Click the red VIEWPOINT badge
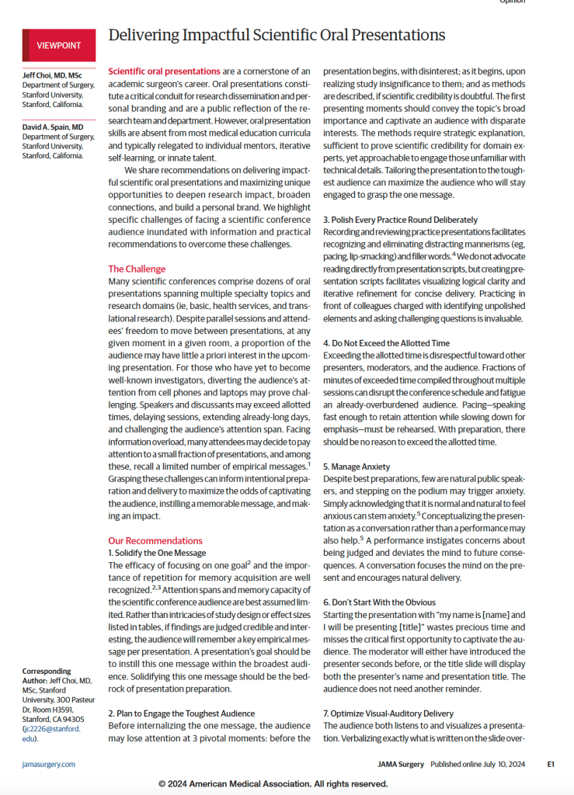pyautogui.click(x=58, y=45)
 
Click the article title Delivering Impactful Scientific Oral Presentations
pyautogui.click(x=277, y=35)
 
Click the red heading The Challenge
pyautogui.click(x=137, y=269)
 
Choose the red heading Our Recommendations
pyautogui.click(x=155, y=540)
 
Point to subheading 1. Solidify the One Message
pyautogui.click(x=157, y=553)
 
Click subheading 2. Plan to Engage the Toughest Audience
pyautogui.click(x=181, y=712)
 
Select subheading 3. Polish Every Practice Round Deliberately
pyautogui.click(x=400, y=220)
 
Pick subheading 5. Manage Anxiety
pyautogui.click(x=357, y=467)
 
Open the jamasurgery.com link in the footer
pyautogui.click(x=49, y=764)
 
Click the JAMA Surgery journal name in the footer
pyautogui.click(x=401, y=764)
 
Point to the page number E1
pyautogui.click(x=550, y=764)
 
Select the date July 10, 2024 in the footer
pyautogui.click(x=502, y=764)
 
